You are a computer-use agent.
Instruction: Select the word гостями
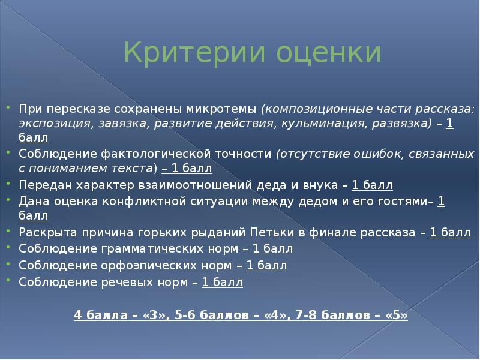point(404,201)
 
